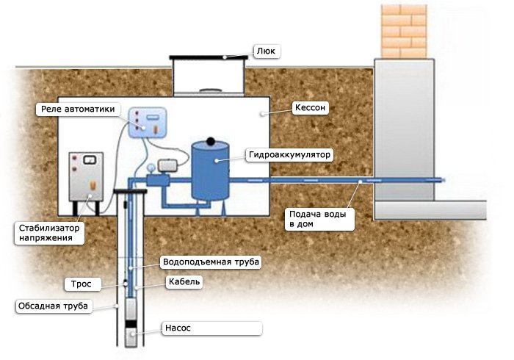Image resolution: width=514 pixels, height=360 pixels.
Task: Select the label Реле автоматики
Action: point(76,109)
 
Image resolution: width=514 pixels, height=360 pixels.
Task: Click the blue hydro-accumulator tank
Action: point(210,170)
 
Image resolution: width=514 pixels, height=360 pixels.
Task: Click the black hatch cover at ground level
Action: point(199,57)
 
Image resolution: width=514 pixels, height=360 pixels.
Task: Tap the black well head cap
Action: point(132,191)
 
